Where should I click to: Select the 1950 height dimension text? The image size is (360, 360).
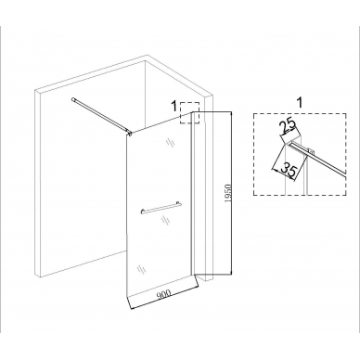pos(228,194)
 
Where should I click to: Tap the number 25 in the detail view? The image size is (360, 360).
pos(288,127)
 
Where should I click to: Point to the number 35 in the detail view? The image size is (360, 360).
pos(289,171)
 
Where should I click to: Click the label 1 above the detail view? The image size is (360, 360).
pos(300,103)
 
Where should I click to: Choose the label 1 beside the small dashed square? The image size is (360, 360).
pos(174,107)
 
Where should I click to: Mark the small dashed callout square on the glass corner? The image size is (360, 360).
pos(190,113)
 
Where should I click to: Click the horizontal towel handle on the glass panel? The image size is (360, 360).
pos(161,207)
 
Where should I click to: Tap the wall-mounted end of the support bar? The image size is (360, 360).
pos(73,99)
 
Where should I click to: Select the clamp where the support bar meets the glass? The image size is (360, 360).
pos(130,133)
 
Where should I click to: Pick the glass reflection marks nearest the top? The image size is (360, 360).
pos(170,142)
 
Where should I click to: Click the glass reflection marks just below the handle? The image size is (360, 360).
pos(164,220)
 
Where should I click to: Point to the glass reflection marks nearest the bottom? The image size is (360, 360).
pos(141,268)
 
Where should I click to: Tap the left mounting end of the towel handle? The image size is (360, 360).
pos(142,212)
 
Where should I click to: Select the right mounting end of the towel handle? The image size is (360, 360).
pos(180,203)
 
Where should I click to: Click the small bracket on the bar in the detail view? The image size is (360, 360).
pos(311,151)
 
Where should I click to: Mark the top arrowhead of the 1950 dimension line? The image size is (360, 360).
pos(231,114)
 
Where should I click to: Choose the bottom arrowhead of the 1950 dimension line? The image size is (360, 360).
pos(231,272)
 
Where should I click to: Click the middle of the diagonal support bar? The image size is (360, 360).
pos(101,116)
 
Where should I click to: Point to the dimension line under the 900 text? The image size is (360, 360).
pos(164,300)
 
